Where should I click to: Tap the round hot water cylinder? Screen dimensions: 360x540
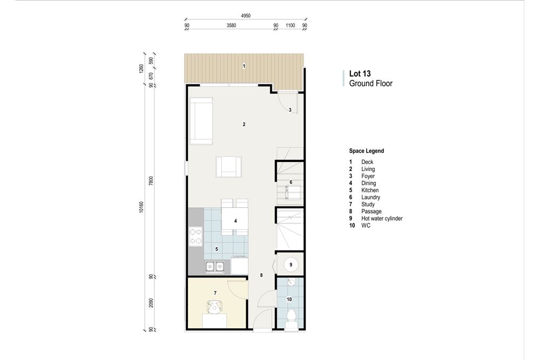pyautogui.click(x=291, y=264)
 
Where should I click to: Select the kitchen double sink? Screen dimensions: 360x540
pyautogui.click(x=214, y=266)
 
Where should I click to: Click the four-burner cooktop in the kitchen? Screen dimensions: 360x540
pyautogui.click(x=195, y=236)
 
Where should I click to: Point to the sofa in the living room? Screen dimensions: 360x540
pyautogui.click(x=201, y=121)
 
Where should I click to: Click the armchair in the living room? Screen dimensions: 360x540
pyautogui.click(x=228, y=166)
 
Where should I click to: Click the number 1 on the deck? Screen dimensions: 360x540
pyautogui.click(x=244, y=66)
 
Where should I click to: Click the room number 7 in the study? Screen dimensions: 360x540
pyautogui.click(x=215, y=293)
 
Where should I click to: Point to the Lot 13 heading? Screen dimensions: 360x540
pyautogui.click(x=360, y=73)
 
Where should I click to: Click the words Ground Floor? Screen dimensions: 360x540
pyautogui.click(x=370, y=84)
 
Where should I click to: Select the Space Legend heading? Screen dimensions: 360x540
pyautogui.click(x=367, y=151)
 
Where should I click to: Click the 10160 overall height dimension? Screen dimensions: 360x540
pyautogui.click(x=141, y=207)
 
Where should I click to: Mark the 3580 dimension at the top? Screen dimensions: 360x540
pyautogui.click(x=231, y=25)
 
